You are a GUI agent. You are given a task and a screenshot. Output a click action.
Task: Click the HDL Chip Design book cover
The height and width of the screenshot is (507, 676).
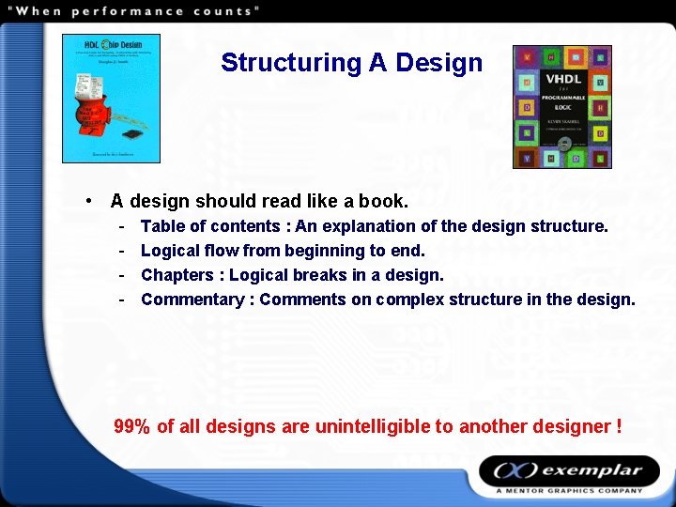[x=111, y=99]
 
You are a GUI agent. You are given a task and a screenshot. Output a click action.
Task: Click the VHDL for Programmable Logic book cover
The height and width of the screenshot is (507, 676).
[x=561, y=106]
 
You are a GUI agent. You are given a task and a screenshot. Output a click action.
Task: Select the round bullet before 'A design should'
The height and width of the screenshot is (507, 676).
[x=86, y=201]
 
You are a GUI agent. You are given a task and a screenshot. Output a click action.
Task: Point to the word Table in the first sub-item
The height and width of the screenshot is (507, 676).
[x=162, y=226]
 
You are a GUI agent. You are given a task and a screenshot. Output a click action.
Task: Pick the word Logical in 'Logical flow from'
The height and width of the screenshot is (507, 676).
[x=169, y=251]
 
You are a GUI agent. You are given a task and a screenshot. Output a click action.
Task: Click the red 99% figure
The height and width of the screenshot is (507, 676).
[x=131, y=426]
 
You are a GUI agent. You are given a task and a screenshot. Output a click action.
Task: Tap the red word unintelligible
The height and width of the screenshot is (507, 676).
[x=373, y=426]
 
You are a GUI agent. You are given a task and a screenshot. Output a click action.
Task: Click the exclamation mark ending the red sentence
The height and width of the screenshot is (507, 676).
[x=619, y=426]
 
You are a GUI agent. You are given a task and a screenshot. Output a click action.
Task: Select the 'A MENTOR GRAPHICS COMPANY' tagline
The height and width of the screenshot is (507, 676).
[x=570, y=490]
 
